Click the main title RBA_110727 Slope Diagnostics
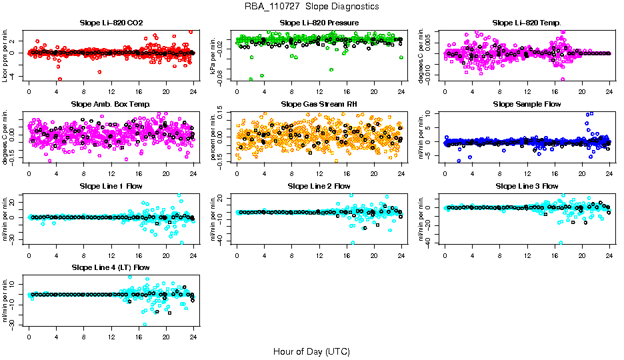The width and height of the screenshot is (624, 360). (x=312, y=6)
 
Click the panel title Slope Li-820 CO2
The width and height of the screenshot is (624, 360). (x=111, y=23)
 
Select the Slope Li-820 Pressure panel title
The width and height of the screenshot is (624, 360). (x=319, y=23)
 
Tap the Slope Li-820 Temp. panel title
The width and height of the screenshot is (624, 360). (x=527, y=23)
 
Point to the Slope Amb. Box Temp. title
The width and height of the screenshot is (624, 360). (x=111, y=105)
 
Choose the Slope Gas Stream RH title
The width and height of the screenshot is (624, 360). (x=319, y=105)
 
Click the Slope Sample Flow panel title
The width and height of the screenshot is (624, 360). (x=527, y=105)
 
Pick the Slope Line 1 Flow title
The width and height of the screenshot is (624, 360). (x=111, y=186)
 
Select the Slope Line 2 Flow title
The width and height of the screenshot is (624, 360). (x=319, y=186)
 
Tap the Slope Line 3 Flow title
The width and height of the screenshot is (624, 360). (x=527, y=186)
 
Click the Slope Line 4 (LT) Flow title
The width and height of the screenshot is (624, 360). (x=111, y=267)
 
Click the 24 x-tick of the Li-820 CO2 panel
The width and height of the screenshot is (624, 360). (x=193, y=91)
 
